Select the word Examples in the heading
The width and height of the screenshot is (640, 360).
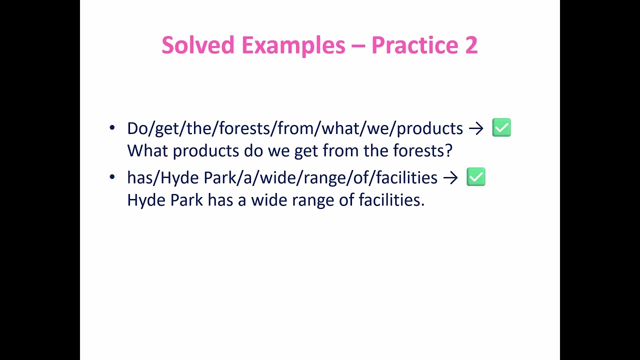tap(293, 45)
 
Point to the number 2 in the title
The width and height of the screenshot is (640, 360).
tap(471, 45)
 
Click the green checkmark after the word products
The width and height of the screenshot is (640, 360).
tap(501, 128)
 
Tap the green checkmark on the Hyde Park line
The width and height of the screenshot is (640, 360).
tap(475, 177)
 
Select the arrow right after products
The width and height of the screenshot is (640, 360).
tap(476, 128)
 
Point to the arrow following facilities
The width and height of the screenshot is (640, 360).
tap(450, 177)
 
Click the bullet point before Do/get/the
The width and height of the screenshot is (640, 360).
tap(112, 128)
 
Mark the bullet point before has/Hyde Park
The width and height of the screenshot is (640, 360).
tap(112, 177)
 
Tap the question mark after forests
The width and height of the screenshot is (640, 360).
tap(448, 150)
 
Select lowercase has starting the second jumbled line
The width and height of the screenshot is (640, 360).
tap(140, 177)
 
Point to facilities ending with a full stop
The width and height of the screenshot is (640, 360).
tap(391, 200)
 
